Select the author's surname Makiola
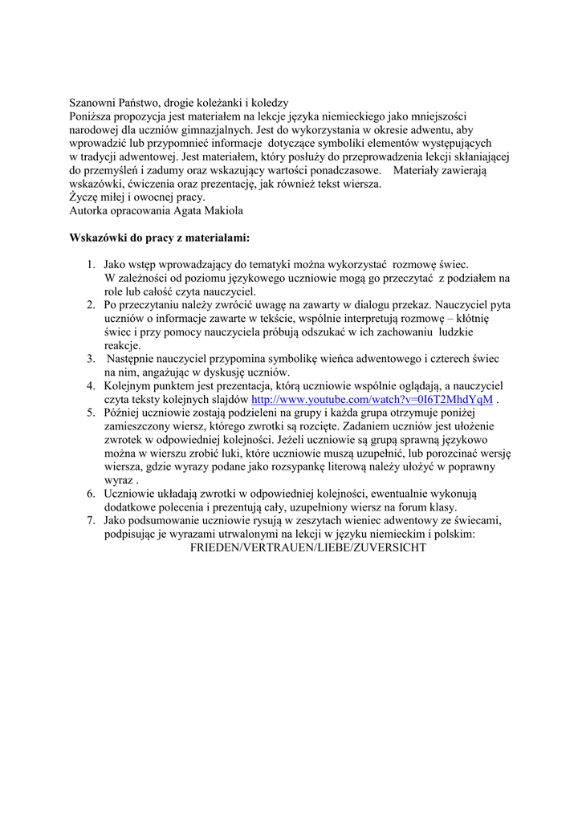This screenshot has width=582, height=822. point(221,210)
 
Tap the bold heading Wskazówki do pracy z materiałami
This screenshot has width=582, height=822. point(160,238)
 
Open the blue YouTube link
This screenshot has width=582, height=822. point(372,399)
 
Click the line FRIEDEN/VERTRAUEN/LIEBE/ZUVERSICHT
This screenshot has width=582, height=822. point(307,547)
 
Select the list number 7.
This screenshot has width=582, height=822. point(92,520)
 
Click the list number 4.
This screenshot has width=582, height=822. point(92,385)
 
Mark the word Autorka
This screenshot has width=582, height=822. point(90,210)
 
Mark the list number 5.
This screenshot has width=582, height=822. point(92,413)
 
